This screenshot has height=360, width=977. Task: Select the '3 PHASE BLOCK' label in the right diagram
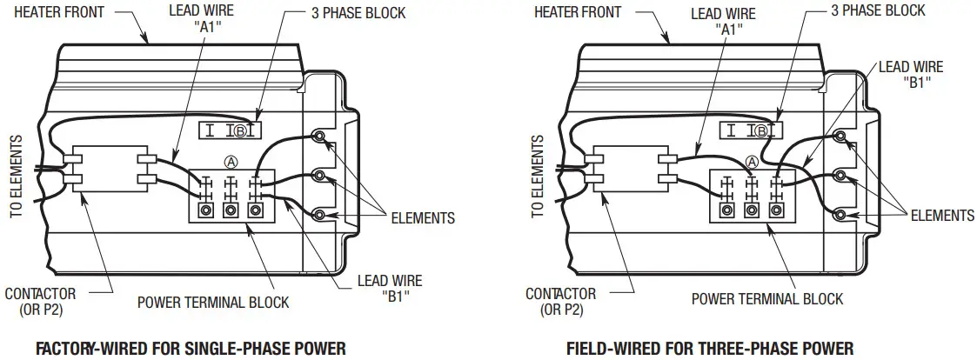click(879, 10)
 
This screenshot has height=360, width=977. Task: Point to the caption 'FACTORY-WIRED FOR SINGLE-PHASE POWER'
click(190, 349)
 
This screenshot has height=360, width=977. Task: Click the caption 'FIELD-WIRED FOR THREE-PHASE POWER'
click(710, 349)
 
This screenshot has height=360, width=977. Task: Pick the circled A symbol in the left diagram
click(231, 161)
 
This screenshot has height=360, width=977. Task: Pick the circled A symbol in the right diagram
click(752, 161)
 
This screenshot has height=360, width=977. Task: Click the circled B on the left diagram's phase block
click(245, 131)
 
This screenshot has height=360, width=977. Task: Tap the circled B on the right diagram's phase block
click(761, 131)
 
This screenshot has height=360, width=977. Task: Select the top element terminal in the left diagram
click(319, 137)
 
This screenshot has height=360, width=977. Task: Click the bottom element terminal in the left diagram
click(319, 214)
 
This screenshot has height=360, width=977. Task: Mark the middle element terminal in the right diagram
click(840, 176)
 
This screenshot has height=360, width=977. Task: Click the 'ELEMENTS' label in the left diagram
click(422, 217)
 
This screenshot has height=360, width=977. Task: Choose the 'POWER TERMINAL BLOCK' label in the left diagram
click(213, 303)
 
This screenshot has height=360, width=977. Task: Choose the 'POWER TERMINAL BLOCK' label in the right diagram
click(767, 299)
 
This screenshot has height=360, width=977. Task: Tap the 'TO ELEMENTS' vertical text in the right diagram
click(537, 175)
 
